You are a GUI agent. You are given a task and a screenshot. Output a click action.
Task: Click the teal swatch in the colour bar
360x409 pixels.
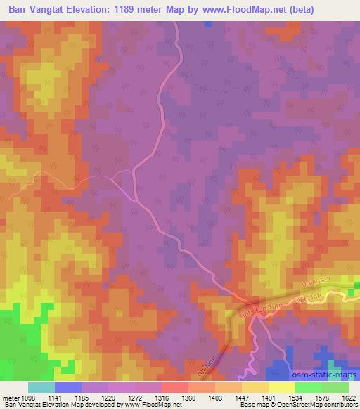click(x=41, y=387)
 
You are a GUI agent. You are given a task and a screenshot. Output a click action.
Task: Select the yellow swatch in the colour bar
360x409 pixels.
click(x=282, y=387)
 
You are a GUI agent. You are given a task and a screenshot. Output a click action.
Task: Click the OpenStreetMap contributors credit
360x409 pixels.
click(x=317, y=405)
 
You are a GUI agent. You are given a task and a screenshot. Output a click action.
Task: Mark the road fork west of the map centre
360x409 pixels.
click(x=134, y=171)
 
